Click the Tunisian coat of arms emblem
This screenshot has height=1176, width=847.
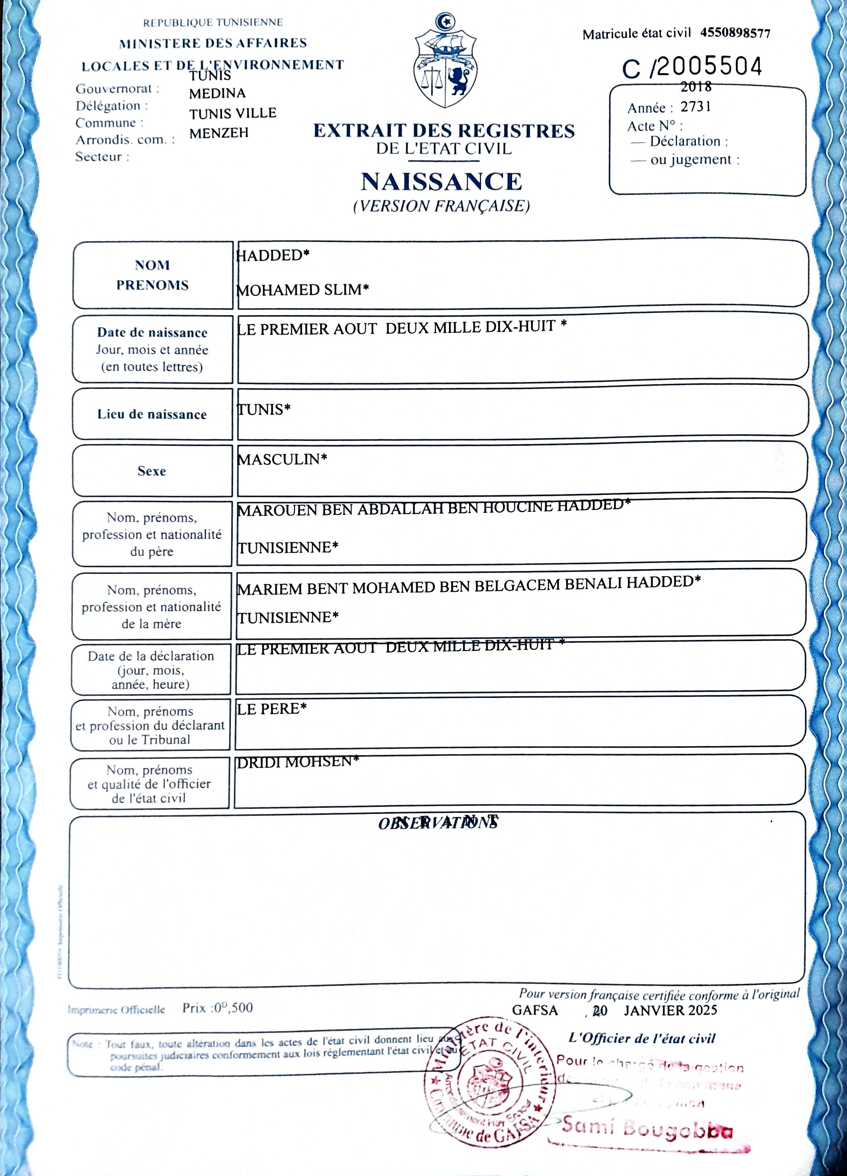point(445,61)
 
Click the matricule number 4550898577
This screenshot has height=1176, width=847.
point(735,34)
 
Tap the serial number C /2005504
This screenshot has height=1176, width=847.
point(692,67)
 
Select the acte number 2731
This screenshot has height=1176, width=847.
point(695,107)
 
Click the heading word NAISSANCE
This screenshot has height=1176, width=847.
point(442,182)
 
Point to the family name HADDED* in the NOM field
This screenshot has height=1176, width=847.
point(273,255)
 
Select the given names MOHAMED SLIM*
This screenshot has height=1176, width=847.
point(303,289)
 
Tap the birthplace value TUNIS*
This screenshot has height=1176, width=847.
point(264,410)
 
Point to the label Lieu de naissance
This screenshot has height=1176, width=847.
point(152,414)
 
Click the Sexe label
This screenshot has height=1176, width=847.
point(152,471)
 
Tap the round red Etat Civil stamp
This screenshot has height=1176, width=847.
point(490,1081)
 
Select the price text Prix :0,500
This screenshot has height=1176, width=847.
point(217,1007)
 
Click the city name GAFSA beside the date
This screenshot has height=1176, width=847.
point(534,1010)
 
